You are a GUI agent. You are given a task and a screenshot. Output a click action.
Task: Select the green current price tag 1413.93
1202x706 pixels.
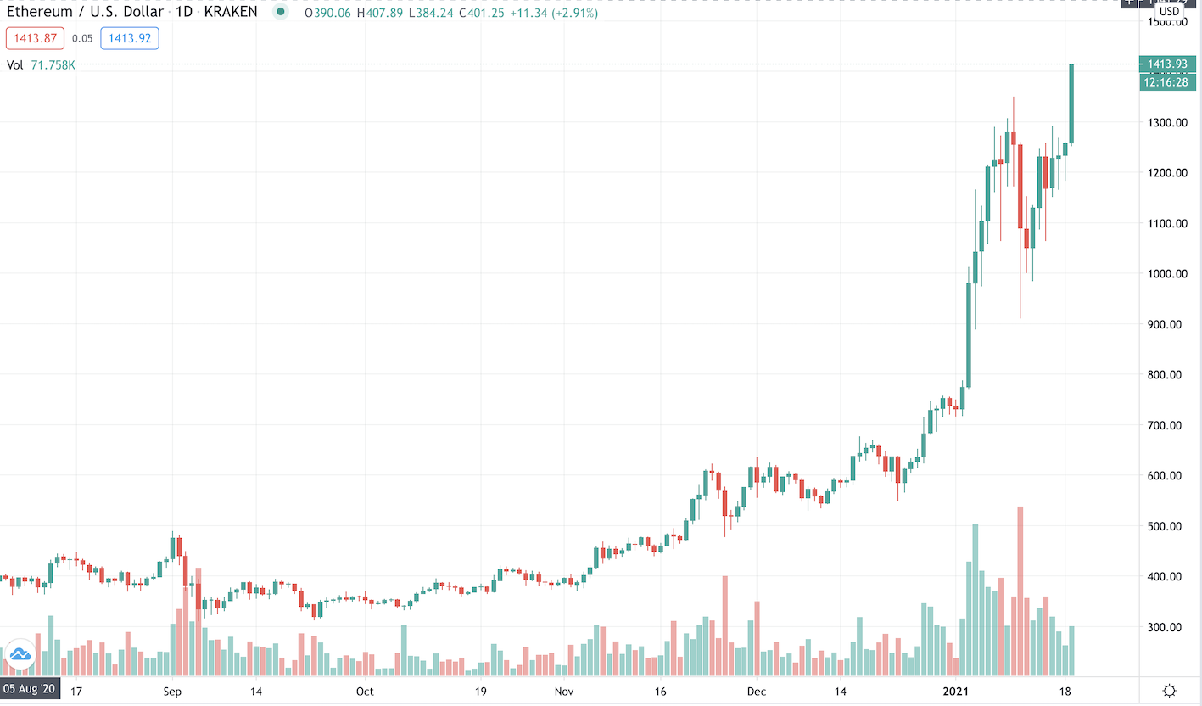[x=1168, y=64]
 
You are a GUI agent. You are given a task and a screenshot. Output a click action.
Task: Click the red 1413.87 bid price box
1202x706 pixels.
[x=31, y=38]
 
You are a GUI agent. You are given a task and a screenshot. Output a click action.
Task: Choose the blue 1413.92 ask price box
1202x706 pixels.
[x=129, y=38]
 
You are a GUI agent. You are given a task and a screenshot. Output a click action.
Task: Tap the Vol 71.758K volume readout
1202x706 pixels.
[x=41, y=64]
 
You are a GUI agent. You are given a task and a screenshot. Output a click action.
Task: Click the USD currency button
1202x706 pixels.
[x=1169, y=11]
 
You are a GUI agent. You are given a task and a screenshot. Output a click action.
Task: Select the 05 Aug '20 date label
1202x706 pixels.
[x=30, y=690]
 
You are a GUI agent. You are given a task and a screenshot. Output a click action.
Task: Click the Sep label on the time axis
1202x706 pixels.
[x=173, y=691]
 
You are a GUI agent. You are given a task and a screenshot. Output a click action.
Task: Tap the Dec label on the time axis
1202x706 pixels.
[x=757, y=691]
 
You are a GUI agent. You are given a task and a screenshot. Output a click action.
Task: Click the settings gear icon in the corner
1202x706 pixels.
[x=1169, y=690]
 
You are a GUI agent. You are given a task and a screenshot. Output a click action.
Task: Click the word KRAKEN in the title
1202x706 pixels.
[x=232, y=13]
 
